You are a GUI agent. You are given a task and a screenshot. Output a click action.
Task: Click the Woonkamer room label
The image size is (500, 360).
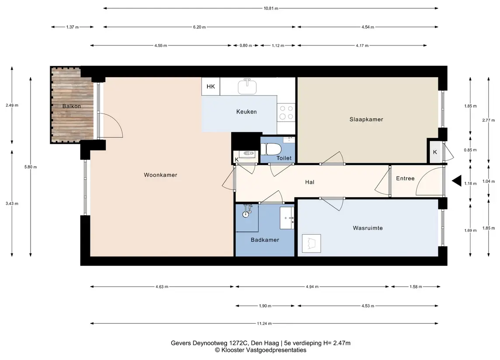160,175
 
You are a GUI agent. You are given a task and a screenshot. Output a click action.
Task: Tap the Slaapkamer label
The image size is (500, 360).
366,120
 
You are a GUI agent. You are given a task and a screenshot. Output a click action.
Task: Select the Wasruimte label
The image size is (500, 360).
368,228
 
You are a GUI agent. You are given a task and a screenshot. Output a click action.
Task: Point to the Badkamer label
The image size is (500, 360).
265,240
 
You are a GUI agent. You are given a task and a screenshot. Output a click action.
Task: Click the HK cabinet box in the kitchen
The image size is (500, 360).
211,86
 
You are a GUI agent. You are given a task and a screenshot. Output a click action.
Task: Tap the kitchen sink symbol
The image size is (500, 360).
247,86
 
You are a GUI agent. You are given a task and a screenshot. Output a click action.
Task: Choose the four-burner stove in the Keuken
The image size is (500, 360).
286,113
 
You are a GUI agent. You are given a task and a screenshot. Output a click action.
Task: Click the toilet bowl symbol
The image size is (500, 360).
271,149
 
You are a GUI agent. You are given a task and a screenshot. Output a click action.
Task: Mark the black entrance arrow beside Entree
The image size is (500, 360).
457,181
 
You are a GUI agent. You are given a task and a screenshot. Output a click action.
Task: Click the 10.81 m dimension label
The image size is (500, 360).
271,8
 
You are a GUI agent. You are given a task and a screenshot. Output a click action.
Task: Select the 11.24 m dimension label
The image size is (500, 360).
264,323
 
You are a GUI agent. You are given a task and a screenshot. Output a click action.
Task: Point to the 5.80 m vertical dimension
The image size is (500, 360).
31,167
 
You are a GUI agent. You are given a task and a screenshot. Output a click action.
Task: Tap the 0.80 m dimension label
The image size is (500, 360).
245,45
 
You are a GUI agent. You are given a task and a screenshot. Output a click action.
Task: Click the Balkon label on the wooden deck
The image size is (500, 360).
72,106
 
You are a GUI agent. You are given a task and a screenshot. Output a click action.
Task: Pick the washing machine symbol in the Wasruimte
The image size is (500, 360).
311,243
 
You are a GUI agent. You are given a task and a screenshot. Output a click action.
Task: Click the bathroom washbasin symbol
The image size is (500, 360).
287,218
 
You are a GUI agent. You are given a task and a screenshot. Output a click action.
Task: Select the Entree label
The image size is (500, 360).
405,178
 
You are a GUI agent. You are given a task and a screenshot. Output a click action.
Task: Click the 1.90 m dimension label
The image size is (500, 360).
265,306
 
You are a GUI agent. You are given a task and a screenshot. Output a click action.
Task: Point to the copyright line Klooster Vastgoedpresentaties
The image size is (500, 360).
261,350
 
